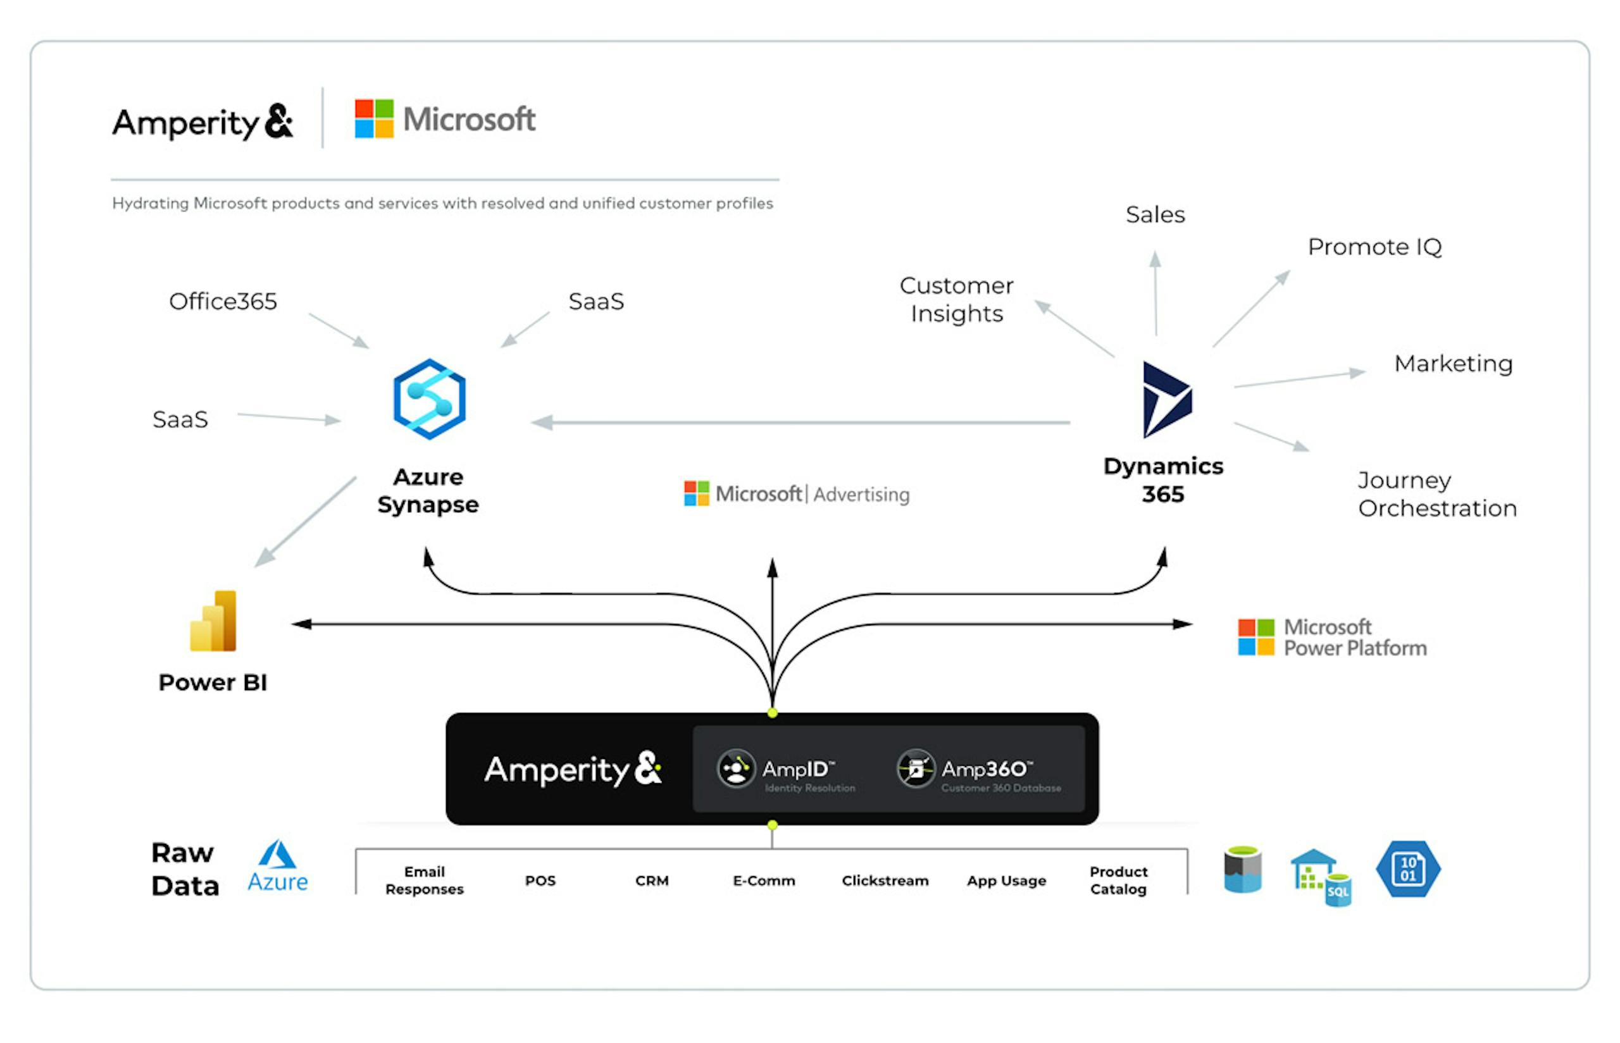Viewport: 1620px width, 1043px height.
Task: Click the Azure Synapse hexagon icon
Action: (429, 399)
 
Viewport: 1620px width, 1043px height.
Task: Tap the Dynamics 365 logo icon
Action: (1166, 400)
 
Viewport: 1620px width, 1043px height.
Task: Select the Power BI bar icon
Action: (213, 621)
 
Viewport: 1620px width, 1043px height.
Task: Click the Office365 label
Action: (223, 301)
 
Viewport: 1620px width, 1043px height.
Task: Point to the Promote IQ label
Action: (1374, 247)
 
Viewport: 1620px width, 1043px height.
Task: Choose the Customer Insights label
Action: (956, 299)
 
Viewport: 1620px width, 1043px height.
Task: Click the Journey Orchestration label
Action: (1436, 495)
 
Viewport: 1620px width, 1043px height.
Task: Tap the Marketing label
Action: (1453, 364)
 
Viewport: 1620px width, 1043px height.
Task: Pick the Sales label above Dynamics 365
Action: (1154, 214)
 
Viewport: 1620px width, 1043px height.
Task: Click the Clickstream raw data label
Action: (884, 880)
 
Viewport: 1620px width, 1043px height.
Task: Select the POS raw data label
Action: (540, 880)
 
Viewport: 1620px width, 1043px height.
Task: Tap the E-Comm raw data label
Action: (764, 880)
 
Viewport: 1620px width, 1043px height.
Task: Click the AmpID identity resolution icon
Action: (736, 768)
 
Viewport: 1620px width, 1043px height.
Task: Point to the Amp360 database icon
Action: (915, 768)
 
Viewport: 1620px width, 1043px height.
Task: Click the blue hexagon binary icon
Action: (1407, 869)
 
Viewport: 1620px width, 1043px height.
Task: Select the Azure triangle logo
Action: (278, 855)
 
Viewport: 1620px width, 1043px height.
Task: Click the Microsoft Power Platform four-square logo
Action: (1255, 638)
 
